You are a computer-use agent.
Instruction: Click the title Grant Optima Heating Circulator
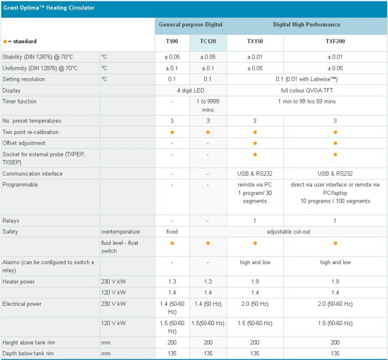pyautogui.click(x=49, y=8)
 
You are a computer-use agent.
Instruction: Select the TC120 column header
pyautogui.click(x=208, y=42)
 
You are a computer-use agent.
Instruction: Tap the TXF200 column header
pyautogui.click(x=335, y=42)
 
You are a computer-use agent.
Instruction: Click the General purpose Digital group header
pyautogui.click(x=191, y=24)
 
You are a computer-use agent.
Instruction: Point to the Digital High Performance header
pyautogui.click(x=307, y=24)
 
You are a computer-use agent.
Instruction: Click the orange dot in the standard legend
pyautogui.click(x=5, y=42)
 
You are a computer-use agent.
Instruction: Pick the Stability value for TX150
pyautogui.click(x=255, y=57)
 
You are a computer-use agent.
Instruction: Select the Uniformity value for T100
pyautogui.click(x=172, y=68)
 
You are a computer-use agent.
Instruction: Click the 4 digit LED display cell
pyautogui.click(x=190, y=90)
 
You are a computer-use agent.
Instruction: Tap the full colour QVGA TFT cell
pyautogui.click(x=307, y=90)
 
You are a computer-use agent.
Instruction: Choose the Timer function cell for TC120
pyautogui.click(x=208, y=106)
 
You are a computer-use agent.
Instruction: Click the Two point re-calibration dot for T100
pyautogui.click(x=172, y=132)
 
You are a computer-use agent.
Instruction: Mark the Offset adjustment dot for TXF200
pyautogui.click(x=335, y=143)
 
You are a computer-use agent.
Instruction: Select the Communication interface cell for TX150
pyautogui.click(x=255, y=174)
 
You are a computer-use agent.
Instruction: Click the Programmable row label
pyautogui.click(x=20, y=184)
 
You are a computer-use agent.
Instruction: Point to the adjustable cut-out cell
pyautogui.click(x=288, y=232)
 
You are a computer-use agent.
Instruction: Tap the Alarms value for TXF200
pyautogui.click(x=335, y=263)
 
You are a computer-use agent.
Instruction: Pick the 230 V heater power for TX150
pyautogui.click(x=255, y=281)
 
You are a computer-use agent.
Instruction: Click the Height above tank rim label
pyautogui.click(x=30, y=343)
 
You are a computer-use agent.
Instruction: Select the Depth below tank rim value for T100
pyautogui.click(x=172, y=353)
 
